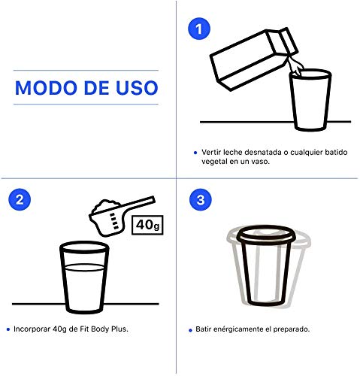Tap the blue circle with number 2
pyautogui.click(x=20, y=199)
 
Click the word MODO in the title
pyautogui.click(x=47, y=86)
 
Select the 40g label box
pyautogui.click(x=147, y=224)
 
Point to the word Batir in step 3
pyautogui.click(x=209, y=329)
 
